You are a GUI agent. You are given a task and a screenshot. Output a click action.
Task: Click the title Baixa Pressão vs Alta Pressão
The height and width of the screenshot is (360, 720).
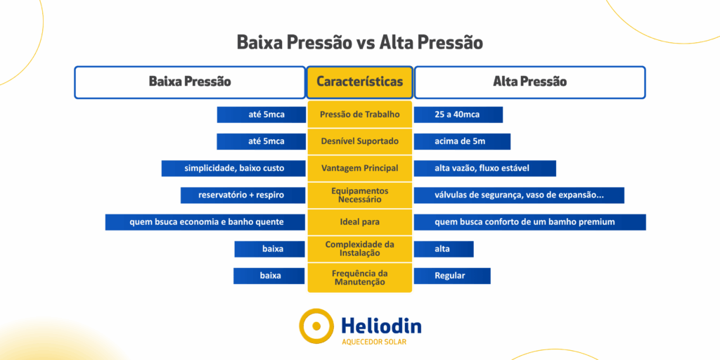[x=359, y=43]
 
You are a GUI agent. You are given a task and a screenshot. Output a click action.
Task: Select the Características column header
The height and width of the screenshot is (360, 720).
[x=359, y=82]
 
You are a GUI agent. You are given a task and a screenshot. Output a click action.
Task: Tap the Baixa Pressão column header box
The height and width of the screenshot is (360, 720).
[x=190, y=82]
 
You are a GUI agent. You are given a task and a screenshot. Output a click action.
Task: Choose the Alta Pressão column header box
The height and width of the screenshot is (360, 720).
[x=530, y=82]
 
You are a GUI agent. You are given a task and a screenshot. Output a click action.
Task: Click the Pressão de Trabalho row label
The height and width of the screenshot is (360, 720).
[x=359, y=115]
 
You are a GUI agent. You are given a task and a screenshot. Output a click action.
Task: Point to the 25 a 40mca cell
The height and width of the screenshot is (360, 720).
[x=458, y=115]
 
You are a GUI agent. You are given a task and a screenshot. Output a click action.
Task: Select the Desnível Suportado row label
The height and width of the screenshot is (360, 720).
[x=359, y=141]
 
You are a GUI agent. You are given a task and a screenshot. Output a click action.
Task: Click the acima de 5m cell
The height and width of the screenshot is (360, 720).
[x=462, y=141]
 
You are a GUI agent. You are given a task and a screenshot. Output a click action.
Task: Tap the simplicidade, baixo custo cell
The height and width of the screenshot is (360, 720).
[x=233, y=168]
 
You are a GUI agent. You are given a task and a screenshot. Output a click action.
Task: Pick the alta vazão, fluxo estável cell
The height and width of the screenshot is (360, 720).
[x=485, y=168]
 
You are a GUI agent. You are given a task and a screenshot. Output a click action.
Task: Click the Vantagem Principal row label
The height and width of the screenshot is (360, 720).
[x=359, y=168]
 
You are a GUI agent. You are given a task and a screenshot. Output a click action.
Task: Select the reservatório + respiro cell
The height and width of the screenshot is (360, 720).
[x=243, y=195]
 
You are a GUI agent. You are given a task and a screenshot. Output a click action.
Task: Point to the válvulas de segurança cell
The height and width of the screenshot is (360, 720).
[x=519, y=195]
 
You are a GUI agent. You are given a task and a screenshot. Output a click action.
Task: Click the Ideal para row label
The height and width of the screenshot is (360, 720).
[x=359, y=222]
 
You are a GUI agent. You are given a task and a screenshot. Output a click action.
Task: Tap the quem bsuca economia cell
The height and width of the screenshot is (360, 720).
[x=205, y=222]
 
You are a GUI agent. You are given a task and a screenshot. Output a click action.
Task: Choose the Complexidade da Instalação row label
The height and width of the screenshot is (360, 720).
[x=359, y=248]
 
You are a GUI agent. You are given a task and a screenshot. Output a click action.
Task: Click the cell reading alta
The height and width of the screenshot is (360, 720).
[x=444, y=249]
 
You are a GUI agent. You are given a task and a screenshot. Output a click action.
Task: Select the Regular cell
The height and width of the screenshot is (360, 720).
[x=452, y=276]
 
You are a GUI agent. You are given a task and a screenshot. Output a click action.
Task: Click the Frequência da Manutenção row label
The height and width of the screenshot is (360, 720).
[x=359, y=277]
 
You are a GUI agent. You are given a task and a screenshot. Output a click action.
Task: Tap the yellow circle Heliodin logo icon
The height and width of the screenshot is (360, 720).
[x=316, y=326]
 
